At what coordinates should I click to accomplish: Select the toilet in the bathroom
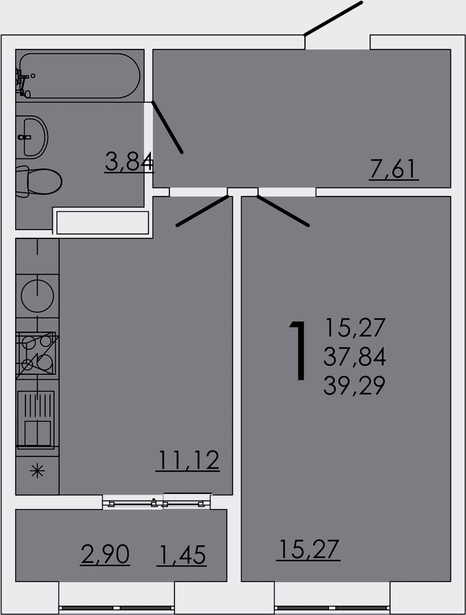(x=39, y=182)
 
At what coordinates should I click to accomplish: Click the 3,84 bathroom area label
(x=129, y=162)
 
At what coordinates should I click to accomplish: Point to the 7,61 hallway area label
(x=394, y=170)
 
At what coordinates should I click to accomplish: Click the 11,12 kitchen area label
(x=188, y=460)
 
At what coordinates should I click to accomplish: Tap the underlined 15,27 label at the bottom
(x=308, y=550)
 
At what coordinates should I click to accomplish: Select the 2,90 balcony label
(x=105, y=555)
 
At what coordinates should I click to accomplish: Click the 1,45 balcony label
(x=181, y=555)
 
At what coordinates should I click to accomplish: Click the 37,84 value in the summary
(x=354, y=357)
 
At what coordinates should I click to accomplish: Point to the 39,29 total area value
(x=354, y=385)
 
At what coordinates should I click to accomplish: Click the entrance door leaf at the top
(x=333, y=18)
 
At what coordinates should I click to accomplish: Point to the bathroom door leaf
(x=167, y=127)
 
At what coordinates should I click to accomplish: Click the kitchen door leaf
(x=202, y=210)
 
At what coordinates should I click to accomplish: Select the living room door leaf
(x=283, y=210)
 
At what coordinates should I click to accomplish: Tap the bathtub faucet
(x=23, y=82)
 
